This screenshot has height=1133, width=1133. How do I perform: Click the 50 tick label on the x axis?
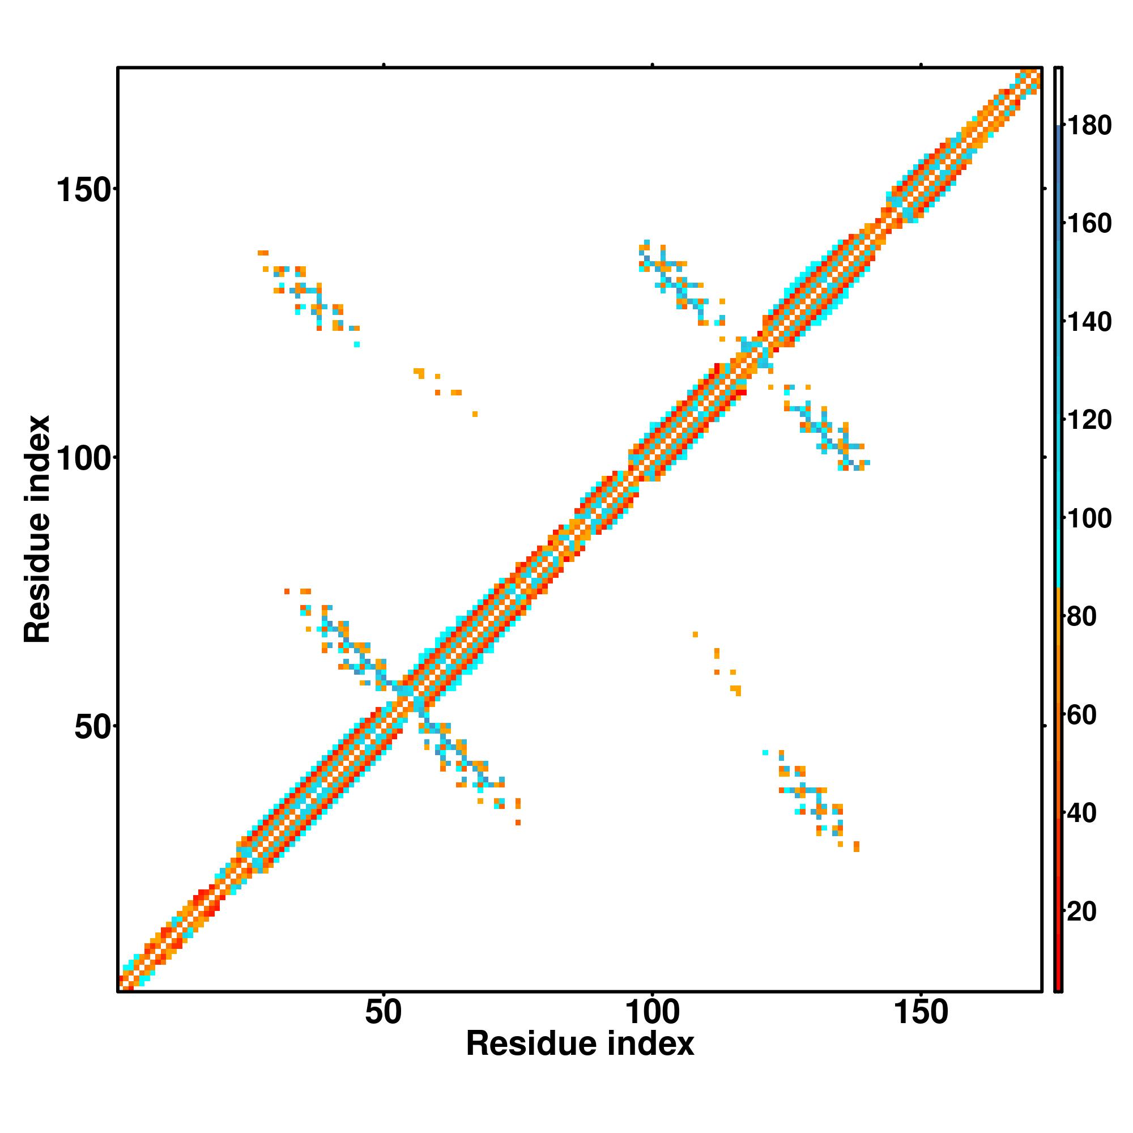(384, 1013)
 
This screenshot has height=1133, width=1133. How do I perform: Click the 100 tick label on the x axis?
(652, 1013)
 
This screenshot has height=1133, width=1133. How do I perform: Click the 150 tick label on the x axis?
(921, 1013)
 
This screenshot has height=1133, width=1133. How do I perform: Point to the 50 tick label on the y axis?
(93, 728)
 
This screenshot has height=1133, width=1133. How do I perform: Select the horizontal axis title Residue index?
(580, 1045)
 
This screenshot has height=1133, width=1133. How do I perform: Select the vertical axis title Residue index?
(37, 530)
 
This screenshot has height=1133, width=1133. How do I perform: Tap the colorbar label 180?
(1089, 126)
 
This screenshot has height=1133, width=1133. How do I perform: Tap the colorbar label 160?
(1089, 223)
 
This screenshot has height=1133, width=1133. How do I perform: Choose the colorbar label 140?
(1089, 322)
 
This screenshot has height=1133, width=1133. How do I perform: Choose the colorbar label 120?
(1089, 420)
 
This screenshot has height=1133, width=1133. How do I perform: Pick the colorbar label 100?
(1089, 518)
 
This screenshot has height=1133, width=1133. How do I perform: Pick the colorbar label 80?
(1082, 616)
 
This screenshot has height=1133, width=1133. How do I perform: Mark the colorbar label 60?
(1082, 715)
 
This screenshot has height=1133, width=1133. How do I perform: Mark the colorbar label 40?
(1082, 813)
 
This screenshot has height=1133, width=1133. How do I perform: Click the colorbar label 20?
(1082, 911)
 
